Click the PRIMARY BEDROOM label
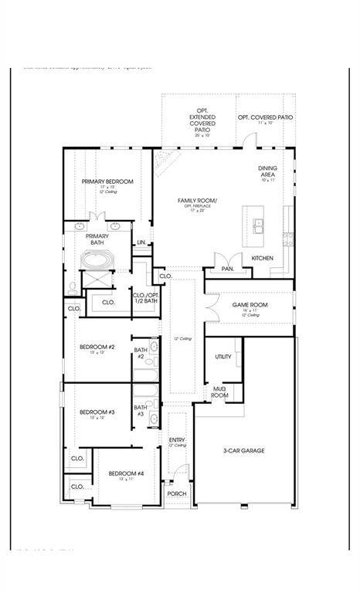click(107, 181)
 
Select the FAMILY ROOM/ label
click(197, 201)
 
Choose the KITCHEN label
click(262, 257)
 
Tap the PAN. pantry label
click(227, 269)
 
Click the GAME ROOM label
click(250, 305)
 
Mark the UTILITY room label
click(223, 357)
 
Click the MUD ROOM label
click(220, 391)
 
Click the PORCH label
click(177, 494)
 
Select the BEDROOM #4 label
click(125, 473)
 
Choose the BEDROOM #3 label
click(97, 412)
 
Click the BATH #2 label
click(141, 354)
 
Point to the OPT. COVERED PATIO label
click(265, 117)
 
